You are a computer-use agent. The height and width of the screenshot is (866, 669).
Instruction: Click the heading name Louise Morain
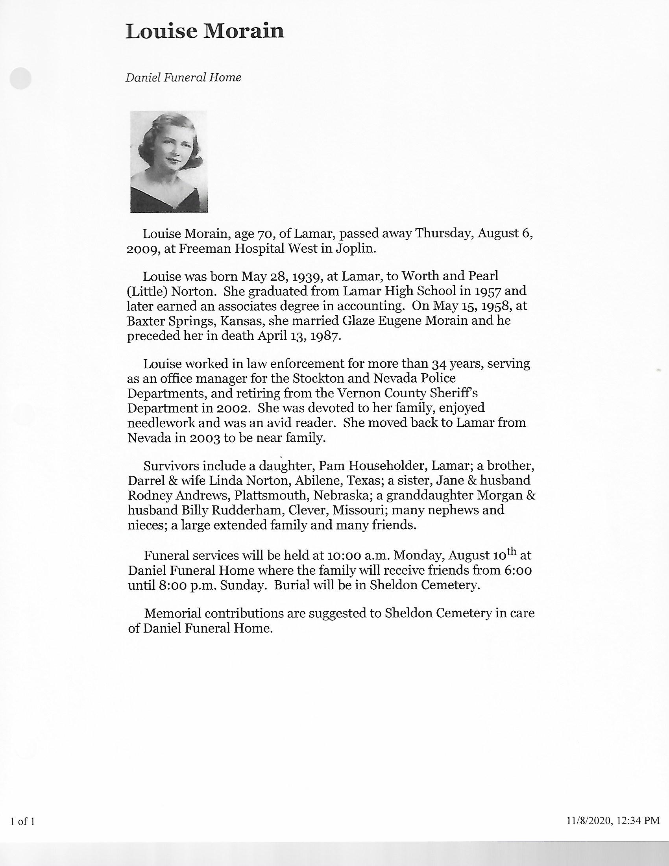(205, 32)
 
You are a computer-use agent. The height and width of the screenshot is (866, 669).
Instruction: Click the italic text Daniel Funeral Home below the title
(183, 77)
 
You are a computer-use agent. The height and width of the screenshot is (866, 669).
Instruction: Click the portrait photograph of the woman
(169, 161)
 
